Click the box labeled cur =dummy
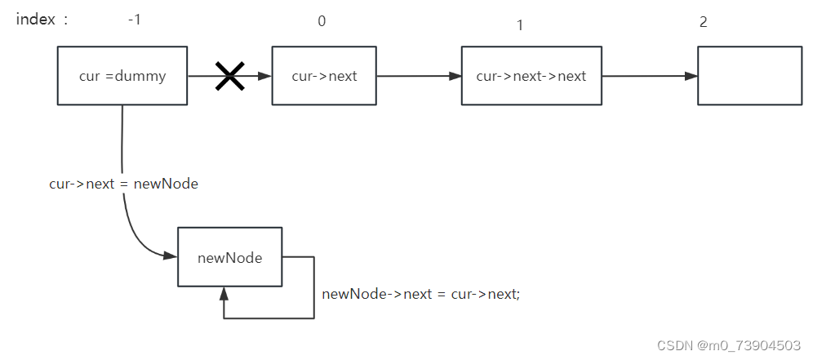pyautogui.click(x=122, y=76)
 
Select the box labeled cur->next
pyautogui.click(x=324, y=76)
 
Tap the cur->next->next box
pyautogui.click(x=531, y=76)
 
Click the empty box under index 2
pyautogui.click(x=749, y=76)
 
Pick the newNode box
pyautogui.click(x=229, y=257)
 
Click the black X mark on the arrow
pyautogui.click(x=229, y=76)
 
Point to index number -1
pyautogui.click(x=135, y=20)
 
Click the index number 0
pyautogui.click(x=322, y=21)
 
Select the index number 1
pyautogui.click(x=519, y=25)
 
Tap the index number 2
pyautogui.click(x=703, y=21)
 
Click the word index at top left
pyautogui.click(x=35, y=20)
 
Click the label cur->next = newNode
pyautogui.click(x=123, y=184)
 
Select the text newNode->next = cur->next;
pyautogui.click(x=420, y=294)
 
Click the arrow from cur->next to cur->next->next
pyautogui.click(x=418, y=76)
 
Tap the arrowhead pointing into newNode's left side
pyautogui.click(x=171, y=256)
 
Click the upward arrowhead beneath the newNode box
pyautogui.click(x=224, y=293)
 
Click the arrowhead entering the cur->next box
pyautogui.click(x=264, y=76)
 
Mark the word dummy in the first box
pyautogui.click(x=141, y=76)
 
